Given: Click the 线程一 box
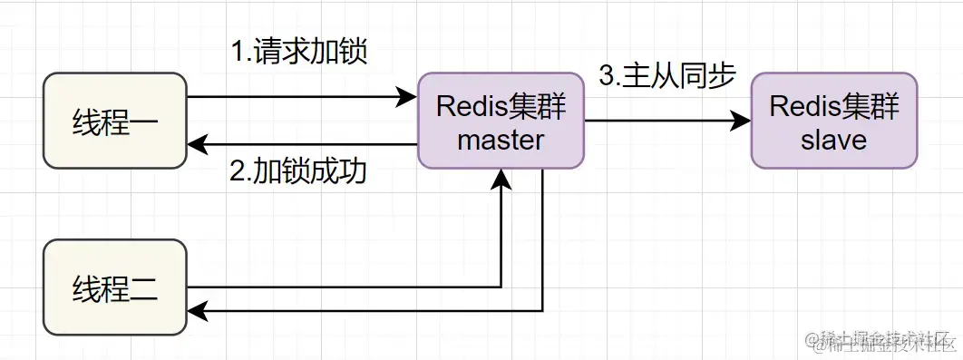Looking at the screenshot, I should (115, 122).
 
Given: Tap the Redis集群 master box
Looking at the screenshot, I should (501, 121).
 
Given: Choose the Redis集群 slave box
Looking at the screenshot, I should (833, 121).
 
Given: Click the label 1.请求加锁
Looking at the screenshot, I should (298, 52).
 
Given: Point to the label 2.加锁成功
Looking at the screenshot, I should (298, 171).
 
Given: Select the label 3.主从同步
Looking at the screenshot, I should (666, 76).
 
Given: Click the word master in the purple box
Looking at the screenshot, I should (501, 141).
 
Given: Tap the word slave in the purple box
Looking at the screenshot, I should (833, 141).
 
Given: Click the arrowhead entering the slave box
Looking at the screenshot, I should (741, 121).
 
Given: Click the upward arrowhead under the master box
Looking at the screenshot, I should (501, 180).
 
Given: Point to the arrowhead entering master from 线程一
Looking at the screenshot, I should (406, 96).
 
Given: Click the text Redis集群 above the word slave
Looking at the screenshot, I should (833, 106).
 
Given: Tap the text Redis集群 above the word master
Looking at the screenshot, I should (501, 106).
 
